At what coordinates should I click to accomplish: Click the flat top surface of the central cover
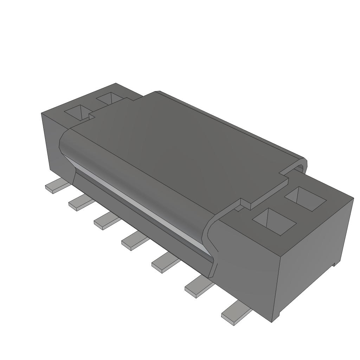183,148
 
